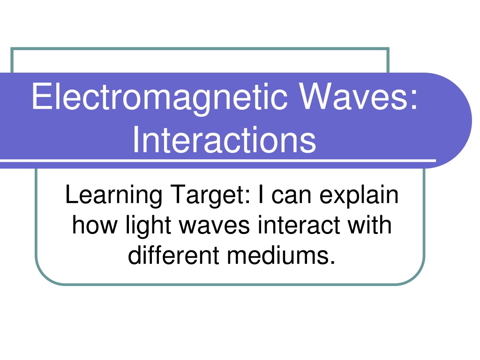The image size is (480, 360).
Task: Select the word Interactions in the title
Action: (x=224, y=140)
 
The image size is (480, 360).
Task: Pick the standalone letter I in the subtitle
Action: (x=261, y=194)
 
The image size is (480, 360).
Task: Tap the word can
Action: (x=291, y=196)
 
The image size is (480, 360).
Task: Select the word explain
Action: (x=359, y=195)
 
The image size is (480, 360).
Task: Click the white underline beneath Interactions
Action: (x=218, y=160)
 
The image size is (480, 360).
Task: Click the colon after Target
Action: (x=248, y=196)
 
